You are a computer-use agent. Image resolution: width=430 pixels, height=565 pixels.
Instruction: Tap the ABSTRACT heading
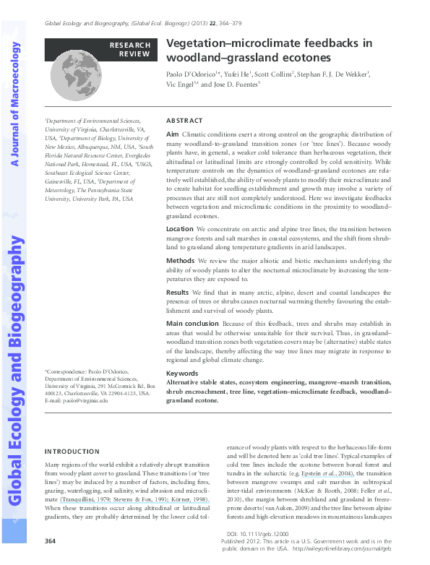pyautogui.click(x=184, y=121)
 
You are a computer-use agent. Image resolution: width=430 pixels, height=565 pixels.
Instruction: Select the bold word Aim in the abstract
pyautogui.click(x=172, y=135)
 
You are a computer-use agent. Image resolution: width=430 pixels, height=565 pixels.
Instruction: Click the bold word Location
pyautogui.click(x=180, y=228)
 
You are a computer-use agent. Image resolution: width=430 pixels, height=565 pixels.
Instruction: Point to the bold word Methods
pyautogui.click(x=181, y=260)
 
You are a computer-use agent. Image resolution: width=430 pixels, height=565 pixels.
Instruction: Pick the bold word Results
pyautogui.click(x=178, y=291)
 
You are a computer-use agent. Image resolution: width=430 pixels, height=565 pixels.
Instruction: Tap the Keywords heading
pyautogui.click(x=182, y=374)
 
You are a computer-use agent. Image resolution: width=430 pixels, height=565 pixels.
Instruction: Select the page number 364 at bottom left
pyautogui.click(x=51, y=540)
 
